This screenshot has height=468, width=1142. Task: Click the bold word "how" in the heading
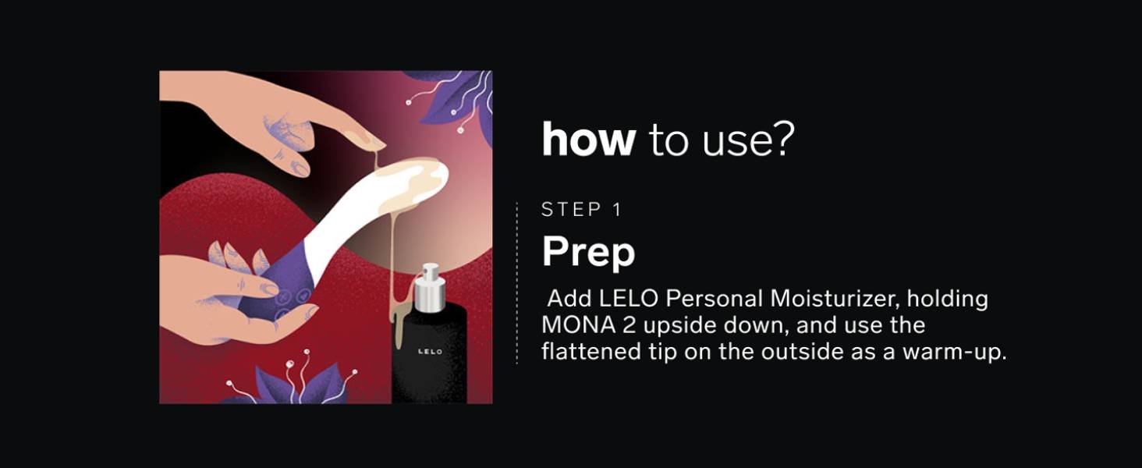coord(588,140)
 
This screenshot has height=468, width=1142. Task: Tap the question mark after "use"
coord(784,140)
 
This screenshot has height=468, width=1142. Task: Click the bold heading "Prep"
coord(588,252)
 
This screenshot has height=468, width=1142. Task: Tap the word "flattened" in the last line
coord(589,352)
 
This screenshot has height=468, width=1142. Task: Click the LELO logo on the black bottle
coord(430,352)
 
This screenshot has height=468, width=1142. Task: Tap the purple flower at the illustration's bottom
coord(300,386)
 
